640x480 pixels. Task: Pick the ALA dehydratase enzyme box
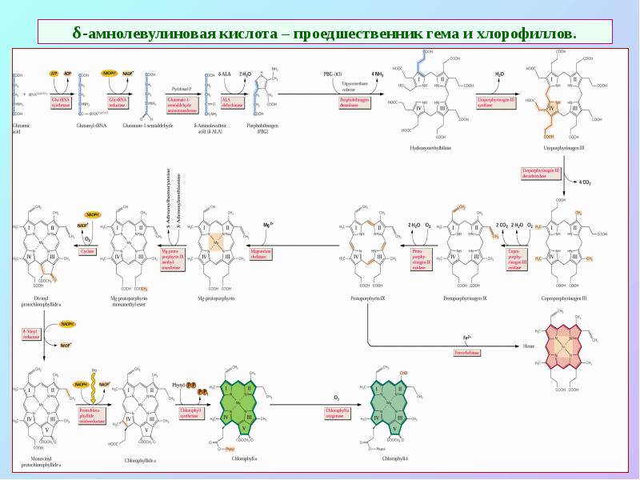pos(231,101)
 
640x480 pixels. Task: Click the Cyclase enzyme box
pos(87,251)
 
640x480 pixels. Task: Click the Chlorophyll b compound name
pos(395,458)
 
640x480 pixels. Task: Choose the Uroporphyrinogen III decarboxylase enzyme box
pos(541,174)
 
